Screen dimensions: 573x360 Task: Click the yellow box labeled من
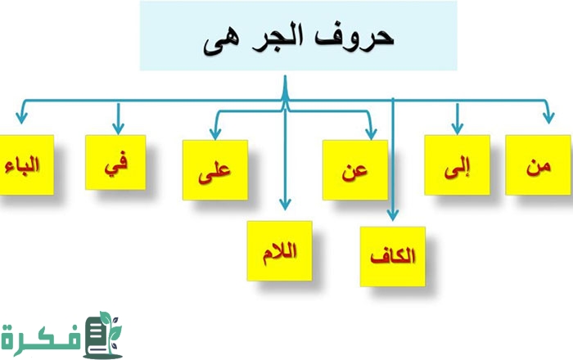click(x=538, y=165)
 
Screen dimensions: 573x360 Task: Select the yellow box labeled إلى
click(x=457, y=165)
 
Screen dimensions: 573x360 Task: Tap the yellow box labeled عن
click(x=355, y=170)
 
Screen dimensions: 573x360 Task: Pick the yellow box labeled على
click(x=215, y=170)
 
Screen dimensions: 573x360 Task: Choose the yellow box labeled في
click(x=115, y=163)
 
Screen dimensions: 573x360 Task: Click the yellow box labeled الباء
click(x=26, y=165)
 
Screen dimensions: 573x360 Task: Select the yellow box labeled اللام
click(x=280, y=251)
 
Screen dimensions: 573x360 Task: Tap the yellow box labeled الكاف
click(x=393, y=257)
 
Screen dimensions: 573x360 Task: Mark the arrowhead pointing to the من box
click(x=548, y=119)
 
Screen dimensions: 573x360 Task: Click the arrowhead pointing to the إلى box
click(x=457, y=128)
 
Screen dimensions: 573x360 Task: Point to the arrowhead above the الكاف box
click(x=392, y=215)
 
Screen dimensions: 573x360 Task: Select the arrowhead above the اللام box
click(x=285, y=204)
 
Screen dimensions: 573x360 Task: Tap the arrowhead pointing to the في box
click(x=118, y=128)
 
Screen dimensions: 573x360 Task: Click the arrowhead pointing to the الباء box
click(x=21, y=119)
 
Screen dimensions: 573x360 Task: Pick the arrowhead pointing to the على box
click(x=215, y=134)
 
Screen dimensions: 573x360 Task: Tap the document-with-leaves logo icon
click(x=102, y=335)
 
